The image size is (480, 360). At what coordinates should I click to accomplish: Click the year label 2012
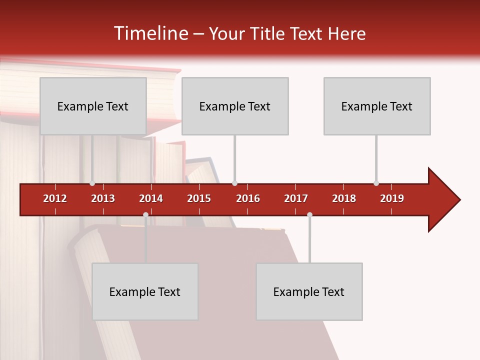tap(55, 198)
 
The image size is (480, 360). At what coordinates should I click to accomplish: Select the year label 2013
tap(103, 198)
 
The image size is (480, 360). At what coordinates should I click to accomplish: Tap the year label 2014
tap(151, 198)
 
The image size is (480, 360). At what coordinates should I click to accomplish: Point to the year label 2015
tap(199, 198)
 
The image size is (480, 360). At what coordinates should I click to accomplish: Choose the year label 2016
tap(248, 198)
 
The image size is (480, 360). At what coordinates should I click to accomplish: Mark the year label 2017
tap(296, 198)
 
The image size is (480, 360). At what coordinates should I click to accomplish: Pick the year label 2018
tap(344, 198)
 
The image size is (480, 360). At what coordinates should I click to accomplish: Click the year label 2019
tap(392, 198)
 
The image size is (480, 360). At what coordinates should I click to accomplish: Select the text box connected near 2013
tap(93, 106)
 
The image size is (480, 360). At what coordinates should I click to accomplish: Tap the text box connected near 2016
tap(235, 106)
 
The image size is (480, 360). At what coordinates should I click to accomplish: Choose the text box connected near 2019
tap(377, 106)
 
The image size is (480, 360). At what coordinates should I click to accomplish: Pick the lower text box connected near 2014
tap(145, 291)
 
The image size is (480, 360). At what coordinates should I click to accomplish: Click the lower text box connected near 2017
tap(309, 291)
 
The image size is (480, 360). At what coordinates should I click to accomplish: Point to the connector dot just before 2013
tap(92, 183)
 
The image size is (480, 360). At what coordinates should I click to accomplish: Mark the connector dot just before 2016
tap(234, 183)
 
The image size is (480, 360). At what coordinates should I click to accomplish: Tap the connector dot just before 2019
tap(376, 183)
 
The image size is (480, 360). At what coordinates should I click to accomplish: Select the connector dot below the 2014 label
tap(145, 214)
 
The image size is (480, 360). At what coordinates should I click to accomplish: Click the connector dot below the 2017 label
tap(309, 214)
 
